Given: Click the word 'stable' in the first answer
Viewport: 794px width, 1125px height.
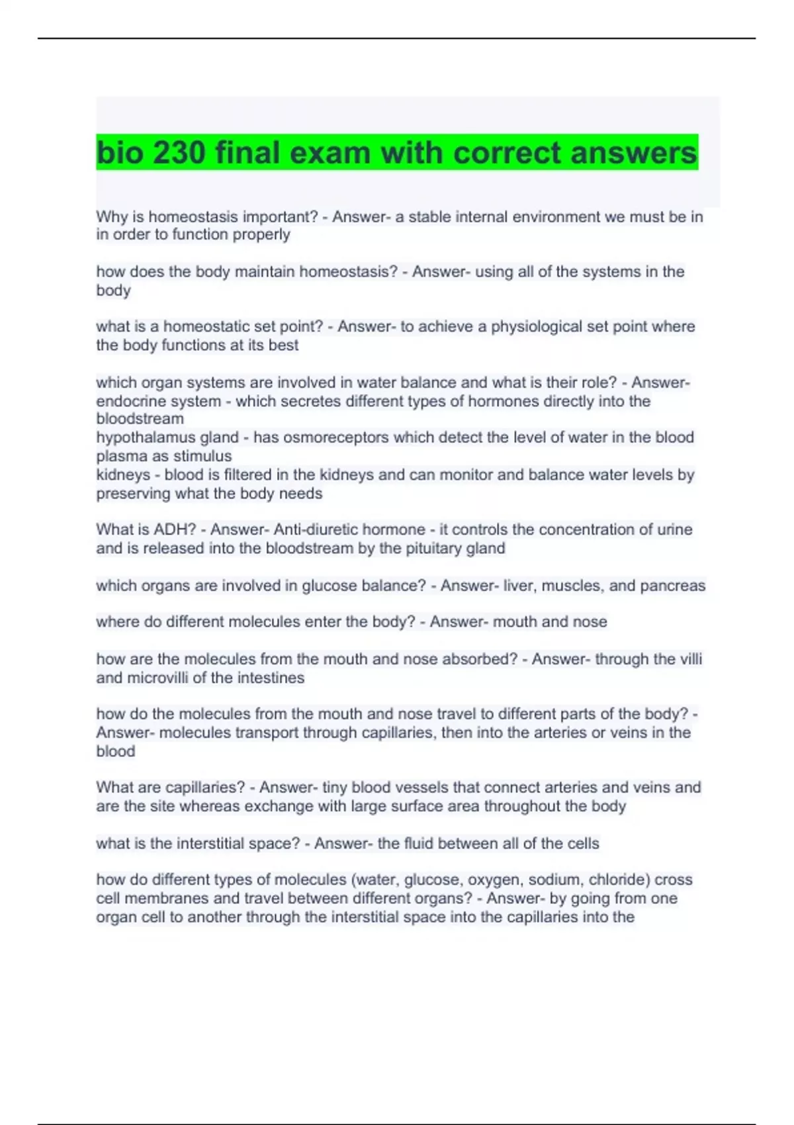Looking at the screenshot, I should pyautogui.click(x=431, y=217).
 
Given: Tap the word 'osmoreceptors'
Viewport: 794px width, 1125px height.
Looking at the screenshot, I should pyautogui.click(x=311, y=437).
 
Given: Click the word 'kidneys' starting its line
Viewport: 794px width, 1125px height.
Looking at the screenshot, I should pyautogui.click(x=123, y=474).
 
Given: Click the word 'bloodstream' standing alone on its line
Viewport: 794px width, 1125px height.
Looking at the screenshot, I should pyautogui.click(x=140, y=419).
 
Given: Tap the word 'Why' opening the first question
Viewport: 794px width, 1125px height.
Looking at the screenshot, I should pyautogui.click(x=110, y=217).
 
